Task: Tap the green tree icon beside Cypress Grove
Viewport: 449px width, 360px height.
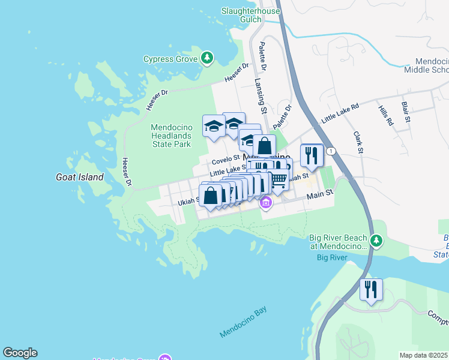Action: [207, 58]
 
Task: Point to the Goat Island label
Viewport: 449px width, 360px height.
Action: [79, 177]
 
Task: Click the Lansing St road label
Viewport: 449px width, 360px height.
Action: [260, 96]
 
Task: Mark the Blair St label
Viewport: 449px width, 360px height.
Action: [406, 112]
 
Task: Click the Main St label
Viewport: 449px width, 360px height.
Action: [319, 194]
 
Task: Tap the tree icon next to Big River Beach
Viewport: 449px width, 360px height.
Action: [376, 241]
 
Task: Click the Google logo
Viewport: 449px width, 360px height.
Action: [20, 353]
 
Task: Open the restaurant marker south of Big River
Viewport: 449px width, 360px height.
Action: [370, 290]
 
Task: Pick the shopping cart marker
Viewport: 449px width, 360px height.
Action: [277, 179]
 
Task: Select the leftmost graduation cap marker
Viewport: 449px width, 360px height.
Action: [213, 126]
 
